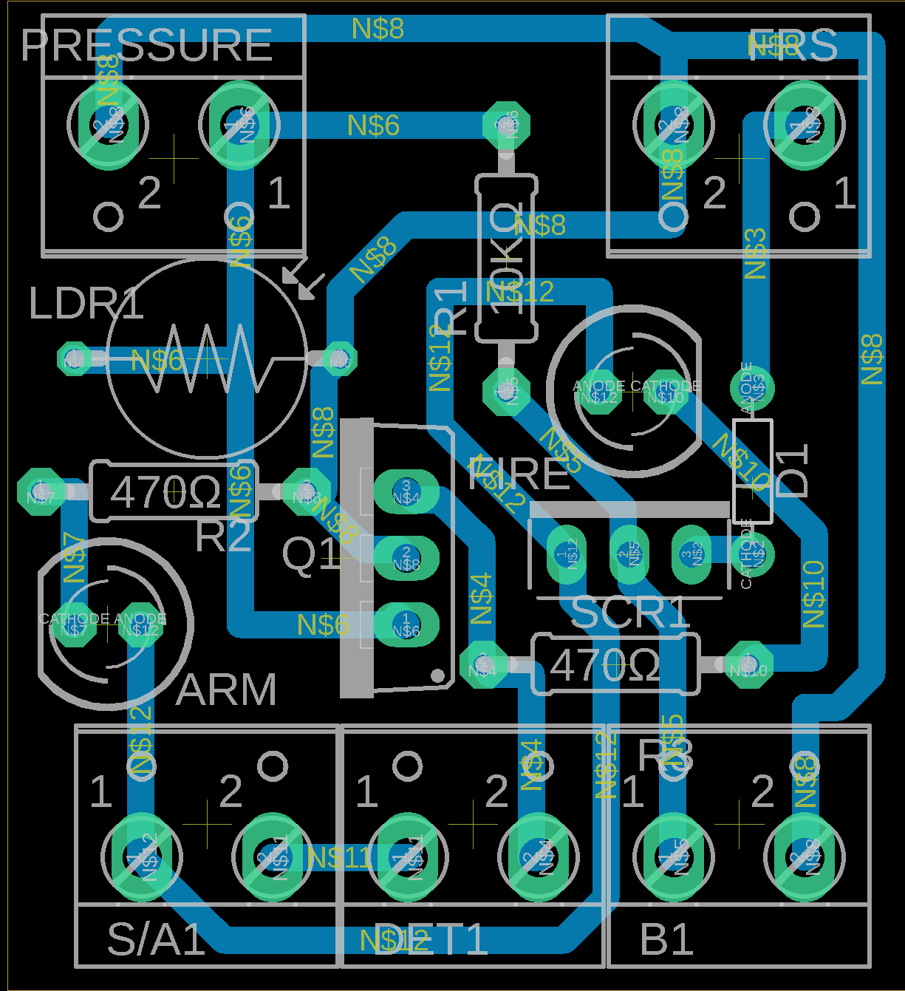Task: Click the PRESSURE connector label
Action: click(x=146, y=46)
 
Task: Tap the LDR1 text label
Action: click(x=86, y=304)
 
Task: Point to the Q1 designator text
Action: click(x=310, y=554)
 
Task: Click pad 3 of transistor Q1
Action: click(x=406, y=491)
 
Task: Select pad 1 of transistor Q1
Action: click(x=406, y=624)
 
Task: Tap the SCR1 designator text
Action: click(x=630, y=613)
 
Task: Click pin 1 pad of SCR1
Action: click(x=567, y=554)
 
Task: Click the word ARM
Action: click(x=226, y=689)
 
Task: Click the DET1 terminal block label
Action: click(x=430, y=940)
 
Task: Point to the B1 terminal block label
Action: click(x=667, y=940)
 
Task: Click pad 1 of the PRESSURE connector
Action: click(x=239, y=124)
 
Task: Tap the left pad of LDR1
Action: click(x=74, y=359)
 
